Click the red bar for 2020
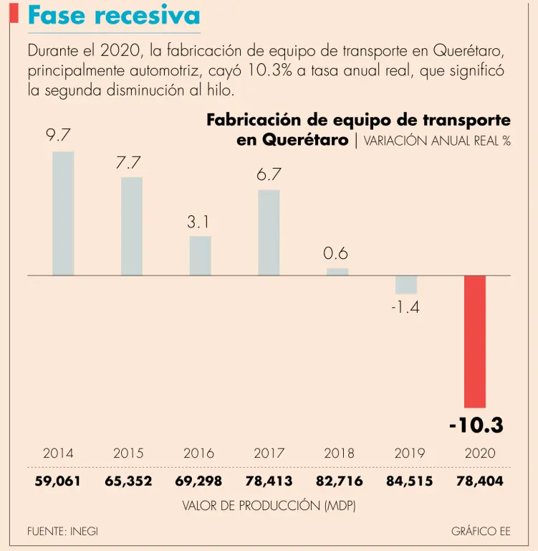475,342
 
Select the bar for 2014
63,213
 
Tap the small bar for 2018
337,271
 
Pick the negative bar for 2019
406,284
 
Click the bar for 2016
200,255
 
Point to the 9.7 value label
58,134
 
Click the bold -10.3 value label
476,425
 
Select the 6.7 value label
269,174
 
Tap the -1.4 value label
406,309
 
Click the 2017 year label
269,453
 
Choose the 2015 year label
128,453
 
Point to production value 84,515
409,481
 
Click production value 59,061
59,481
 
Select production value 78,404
479,481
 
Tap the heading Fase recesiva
113,16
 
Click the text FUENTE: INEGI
62,532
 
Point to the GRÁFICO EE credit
481,532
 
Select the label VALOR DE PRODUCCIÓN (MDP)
269,505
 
